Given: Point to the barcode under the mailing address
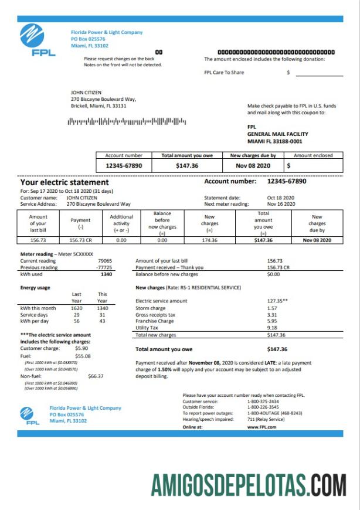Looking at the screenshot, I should [127, 122].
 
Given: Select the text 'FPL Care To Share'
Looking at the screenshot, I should [224, 73].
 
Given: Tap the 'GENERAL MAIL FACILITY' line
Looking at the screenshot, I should [277, 134].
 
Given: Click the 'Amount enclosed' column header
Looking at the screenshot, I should [313, 155].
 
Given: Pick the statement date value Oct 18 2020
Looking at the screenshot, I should [281, 198].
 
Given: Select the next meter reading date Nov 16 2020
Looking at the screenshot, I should [281, 203].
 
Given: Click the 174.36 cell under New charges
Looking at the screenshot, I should [209, 240].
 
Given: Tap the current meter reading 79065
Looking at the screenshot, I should [105, 260].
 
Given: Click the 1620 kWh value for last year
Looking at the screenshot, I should [76, 308].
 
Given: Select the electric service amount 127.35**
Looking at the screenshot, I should [277, 301].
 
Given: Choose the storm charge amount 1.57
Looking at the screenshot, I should [271, 308].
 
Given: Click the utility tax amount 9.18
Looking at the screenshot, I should [271, 328].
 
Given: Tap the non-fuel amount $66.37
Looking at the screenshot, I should [96, 376].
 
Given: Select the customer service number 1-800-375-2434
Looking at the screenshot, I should [263, 402].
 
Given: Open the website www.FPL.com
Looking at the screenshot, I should [261, 427].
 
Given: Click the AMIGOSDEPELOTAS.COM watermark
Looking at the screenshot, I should [248, 485].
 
